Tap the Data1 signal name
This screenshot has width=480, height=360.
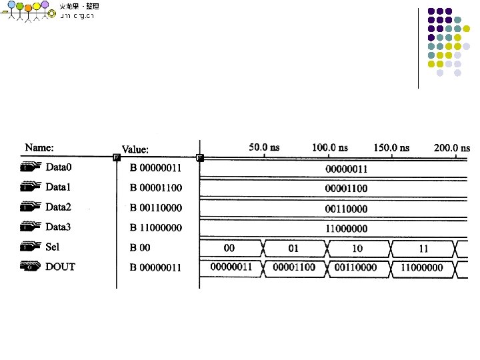(58, 187)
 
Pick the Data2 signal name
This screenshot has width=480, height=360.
(58, 207)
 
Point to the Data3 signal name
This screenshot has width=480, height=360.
(58, 227)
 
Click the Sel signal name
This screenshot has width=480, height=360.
(52, 247)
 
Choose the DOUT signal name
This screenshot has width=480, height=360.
(60, 267)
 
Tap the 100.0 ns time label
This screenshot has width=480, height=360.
(329, 147)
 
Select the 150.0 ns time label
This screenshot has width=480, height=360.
(391, 147)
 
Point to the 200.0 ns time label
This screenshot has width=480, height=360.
(453, 147)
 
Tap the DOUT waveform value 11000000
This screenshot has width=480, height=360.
(421, 267)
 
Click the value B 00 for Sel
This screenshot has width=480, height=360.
(140, 247)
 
